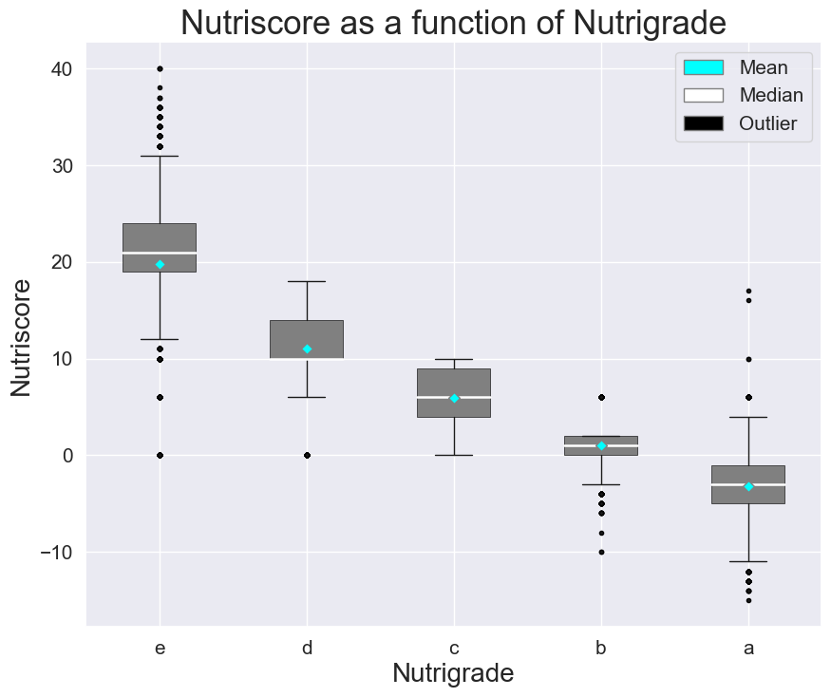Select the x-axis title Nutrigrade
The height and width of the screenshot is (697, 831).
[x=453, y=673]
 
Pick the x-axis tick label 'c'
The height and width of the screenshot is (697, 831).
[x=454, y=649]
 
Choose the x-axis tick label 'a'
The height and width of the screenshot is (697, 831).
[x=748, y=649]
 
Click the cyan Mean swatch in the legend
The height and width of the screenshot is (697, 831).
[x=703, y=67]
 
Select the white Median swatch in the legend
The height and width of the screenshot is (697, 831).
[x=703, y=95]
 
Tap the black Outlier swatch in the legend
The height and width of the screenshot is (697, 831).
[x=703, y=123]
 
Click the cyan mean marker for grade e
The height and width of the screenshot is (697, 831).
[x=160, y=264]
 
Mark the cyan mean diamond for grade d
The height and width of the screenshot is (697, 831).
[x=307, y=348]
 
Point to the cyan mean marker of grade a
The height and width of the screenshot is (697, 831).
[x=748, y=486]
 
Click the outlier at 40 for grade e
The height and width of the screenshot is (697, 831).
[x=160, y=68]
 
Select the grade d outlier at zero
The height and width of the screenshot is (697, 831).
[x=307, y=455]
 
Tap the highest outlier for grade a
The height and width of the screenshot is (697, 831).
[x=748, y=291]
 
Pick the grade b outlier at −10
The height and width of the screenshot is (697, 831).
[x=601, y=552]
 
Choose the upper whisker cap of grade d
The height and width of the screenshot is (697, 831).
[x=307, y=281]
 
